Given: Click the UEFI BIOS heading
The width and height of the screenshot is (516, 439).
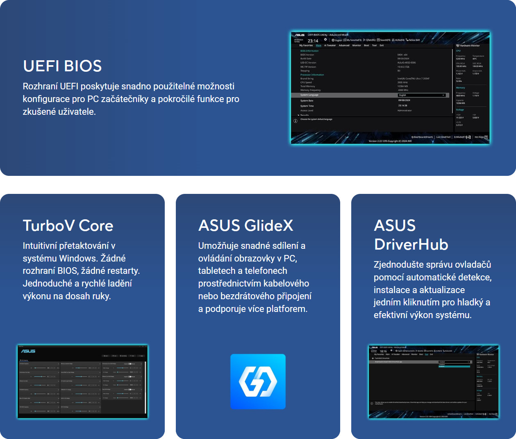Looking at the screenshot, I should pos(62,66).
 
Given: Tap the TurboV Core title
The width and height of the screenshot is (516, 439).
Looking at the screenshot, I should pos(68,225).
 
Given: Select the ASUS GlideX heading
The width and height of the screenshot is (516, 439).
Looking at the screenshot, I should pos(246,225).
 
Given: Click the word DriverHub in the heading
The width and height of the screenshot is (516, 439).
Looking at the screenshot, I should pos(411,245).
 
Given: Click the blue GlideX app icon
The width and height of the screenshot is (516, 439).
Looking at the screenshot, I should pos(258,381).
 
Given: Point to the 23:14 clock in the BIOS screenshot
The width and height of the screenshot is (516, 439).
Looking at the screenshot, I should pos(313,41).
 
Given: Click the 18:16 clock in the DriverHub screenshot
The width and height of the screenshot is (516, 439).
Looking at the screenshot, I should pos(383,351).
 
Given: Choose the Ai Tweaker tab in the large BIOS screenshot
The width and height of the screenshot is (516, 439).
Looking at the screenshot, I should pos(330,45).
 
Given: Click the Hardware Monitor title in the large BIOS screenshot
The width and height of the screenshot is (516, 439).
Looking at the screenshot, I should pos(470,45).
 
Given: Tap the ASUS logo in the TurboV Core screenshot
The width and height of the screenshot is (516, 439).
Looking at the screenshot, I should pos(28,351).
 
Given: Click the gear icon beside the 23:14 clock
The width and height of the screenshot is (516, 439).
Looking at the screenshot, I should pos(325,40).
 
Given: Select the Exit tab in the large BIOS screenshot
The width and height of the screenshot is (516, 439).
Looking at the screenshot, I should pos(382,45).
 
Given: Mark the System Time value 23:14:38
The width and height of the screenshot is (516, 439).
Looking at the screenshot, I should pos(402,106).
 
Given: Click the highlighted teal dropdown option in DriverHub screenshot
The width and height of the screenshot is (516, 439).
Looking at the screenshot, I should pos(454,366).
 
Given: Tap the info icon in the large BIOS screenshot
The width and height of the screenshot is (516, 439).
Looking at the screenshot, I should pos(295,121).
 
